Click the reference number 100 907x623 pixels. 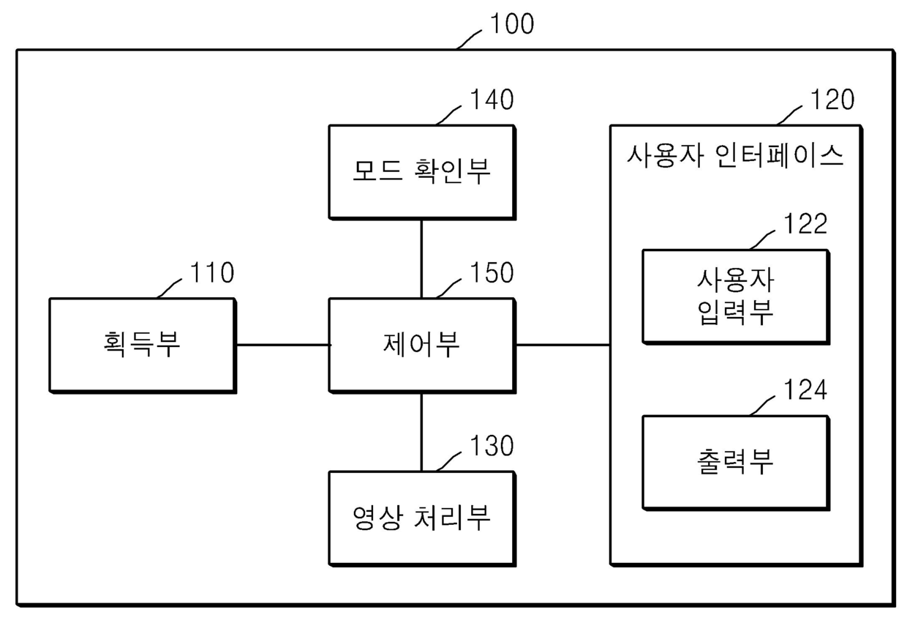click(511, 25)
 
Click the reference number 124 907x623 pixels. click(805, 390)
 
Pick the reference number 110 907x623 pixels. click(212, 273)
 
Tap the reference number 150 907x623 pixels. click(491, 273)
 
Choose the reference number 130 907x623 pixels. click(491, 446)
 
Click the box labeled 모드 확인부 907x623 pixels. click(421, 171)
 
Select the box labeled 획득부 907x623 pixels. click(143, 344)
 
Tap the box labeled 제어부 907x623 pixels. click(421, 344)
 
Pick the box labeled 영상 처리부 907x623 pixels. click(421, 518)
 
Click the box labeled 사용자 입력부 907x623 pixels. click(735, 296)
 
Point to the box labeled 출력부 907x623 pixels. click(735, 462)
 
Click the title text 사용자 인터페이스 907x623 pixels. click(735, 156)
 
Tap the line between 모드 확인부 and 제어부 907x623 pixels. click(421, 258)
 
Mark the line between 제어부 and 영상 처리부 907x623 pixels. click(421, 430)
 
